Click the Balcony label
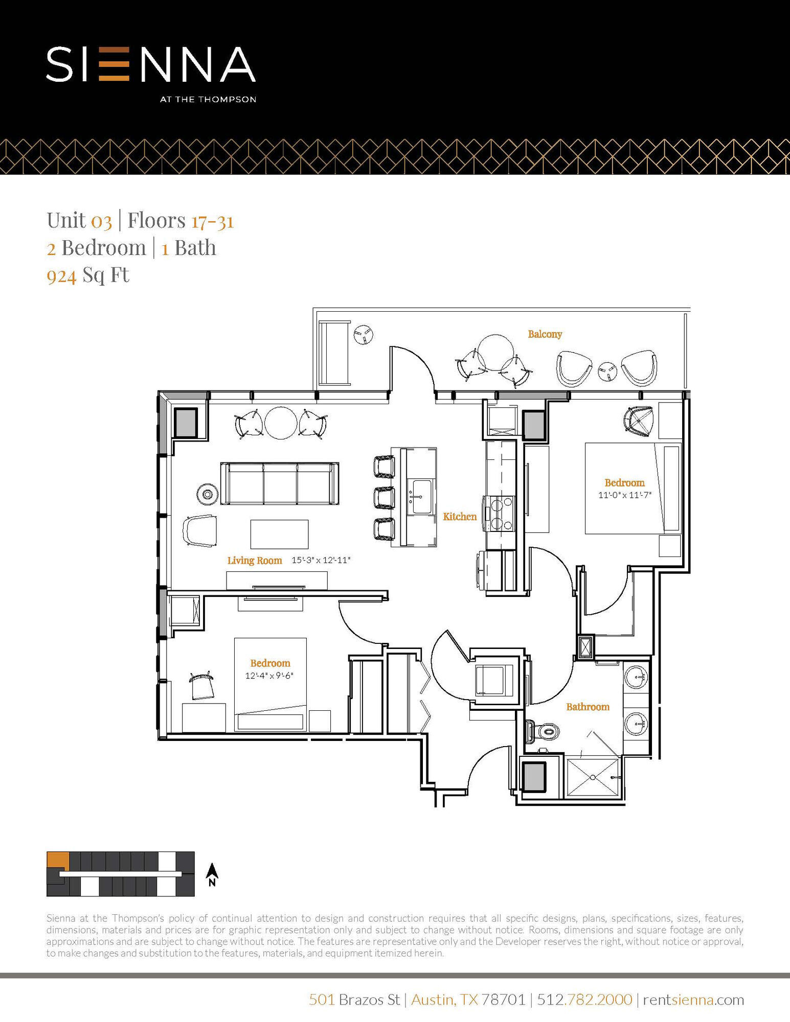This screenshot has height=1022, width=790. [x=545, y=334]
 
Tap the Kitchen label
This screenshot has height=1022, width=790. [x=459, y=517]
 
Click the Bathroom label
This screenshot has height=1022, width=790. [x=588, y=707]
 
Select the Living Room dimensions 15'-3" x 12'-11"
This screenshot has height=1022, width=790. [x=321, y=560]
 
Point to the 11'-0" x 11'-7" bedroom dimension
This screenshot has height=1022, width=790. [x=624, y=495]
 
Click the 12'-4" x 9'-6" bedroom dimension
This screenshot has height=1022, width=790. [x=269, y=676]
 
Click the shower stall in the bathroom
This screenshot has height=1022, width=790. [x=593, y=777]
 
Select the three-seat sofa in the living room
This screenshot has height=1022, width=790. [x=280, y=483]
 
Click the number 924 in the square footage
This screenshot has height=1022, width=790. [x=61, y=276]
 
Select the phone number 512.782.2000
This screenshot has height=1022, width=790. [x=584, y=1000]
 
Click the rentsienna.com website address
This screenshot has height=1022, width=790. [x=693, y=1000]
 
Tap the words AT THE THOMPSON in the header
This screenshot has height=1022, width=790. [x=208, y=100]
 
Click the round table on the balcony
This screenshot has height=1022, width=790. [x=495, y=353]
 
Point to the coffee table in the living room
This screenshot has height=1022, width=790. [x=279, y=534]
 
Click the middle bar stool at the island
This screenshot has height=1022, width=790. [x=384, y=497]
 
